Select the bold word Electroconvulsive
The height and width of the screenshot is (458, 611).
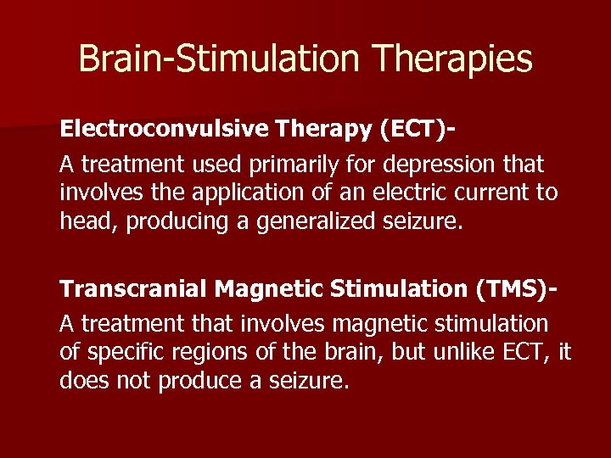coord(163,130)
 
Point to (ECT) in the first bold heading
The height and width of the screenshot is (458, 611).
coord(412,130)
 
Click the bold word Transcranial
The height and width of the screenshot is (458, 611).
coord(133,289)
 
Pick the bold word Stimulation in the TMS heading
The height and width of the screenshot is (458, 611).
coord(395,289)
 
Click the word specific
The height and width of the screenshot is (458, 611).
coord(126,352)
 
